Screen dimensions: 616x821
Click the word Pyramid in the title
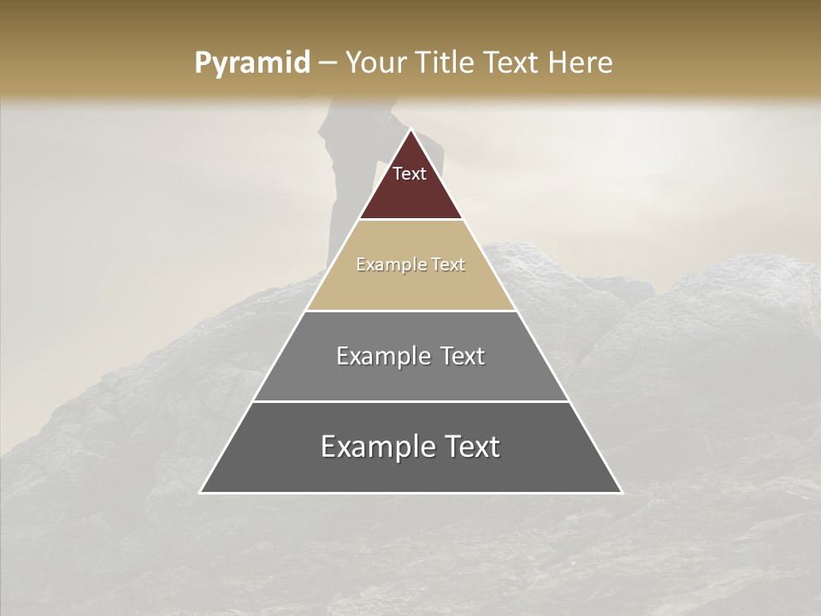(x=252, y=62)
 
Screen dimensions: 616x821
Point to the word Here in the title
(x=580, y=62)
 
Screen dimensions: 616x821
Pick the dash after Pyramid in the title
(x=327, y=63)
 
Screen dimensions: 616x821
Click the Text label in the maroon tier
(x=410, y=174)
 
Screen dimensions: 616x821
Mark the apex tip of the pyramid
(x=410, y=130)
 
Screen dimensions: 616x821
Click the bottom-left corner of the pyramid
(x=201, y=492)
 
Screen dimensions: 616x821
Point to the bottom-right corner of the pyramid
(x=621, y=492)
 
